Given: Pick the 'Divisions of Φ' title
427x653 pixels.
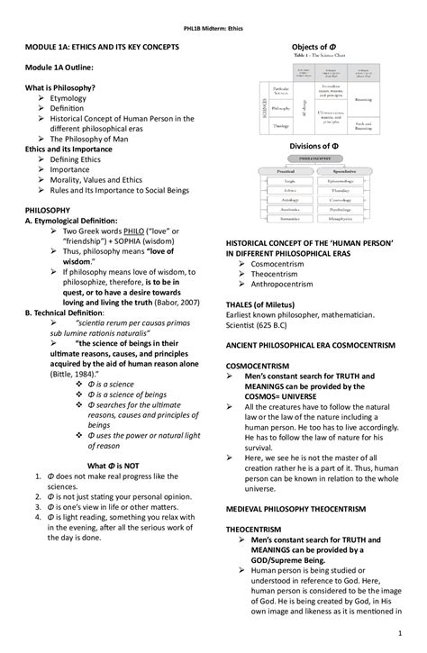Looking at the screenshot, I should point(316,146).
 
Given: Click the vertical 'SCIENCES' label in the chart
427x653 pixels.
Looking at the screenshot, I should point(265,108).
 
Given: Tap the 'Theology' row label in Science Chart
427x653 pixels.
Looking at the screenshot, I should point(280,127).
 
